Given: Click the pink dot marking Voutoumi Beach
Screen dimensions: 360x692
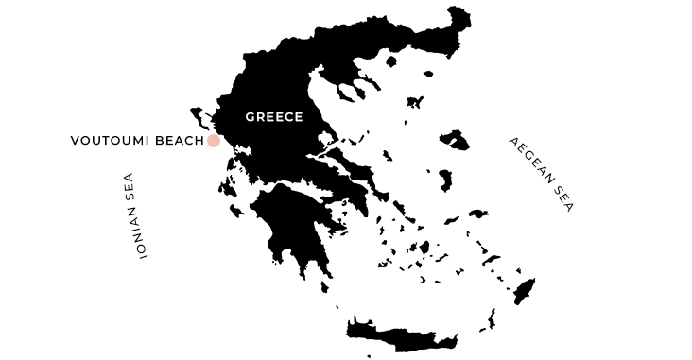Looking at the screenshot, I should (x=214, y=141).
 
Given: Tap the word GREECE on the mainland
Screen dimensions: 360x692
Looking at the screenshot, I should (x=273, y=117).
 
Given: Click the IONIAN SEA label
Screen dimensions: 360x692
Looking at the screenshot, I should (x=130, y=216).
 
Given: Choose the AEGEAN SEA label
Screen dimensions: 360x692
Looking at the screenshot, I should (x=541, y=175).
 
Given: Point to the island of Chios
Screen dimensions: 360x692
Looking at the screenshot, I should (x=444, y=180).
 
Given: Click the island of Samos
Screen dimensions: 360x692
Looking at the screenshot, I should (x=478, y=214).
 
